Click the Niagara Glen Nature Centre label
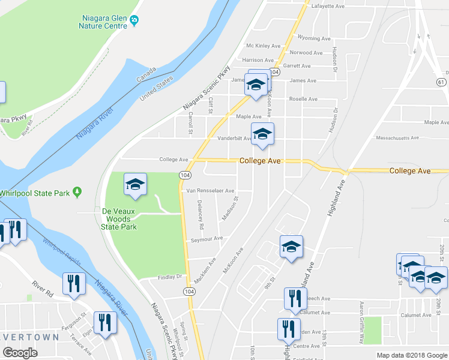[x=103, y=22]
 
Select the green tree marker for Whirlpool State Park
[x=77, y=192]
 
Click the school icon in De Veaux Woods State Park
[x=135, y=185]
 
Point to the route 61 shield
[x=441, y=82]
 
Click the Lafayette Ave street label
[x=328, y=6]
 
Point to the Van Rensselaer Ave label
[x=210, y=191]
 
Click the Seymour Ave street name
[x=207, y=238]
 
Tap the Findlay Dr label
[x=170, y=277]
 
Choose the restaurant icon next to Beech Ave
[x=294, y=298]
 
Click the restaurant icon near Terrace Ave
[x=106, y=322]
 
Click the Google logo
[x=20, y=353]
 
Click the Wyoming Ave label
[x=314, y=38]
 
